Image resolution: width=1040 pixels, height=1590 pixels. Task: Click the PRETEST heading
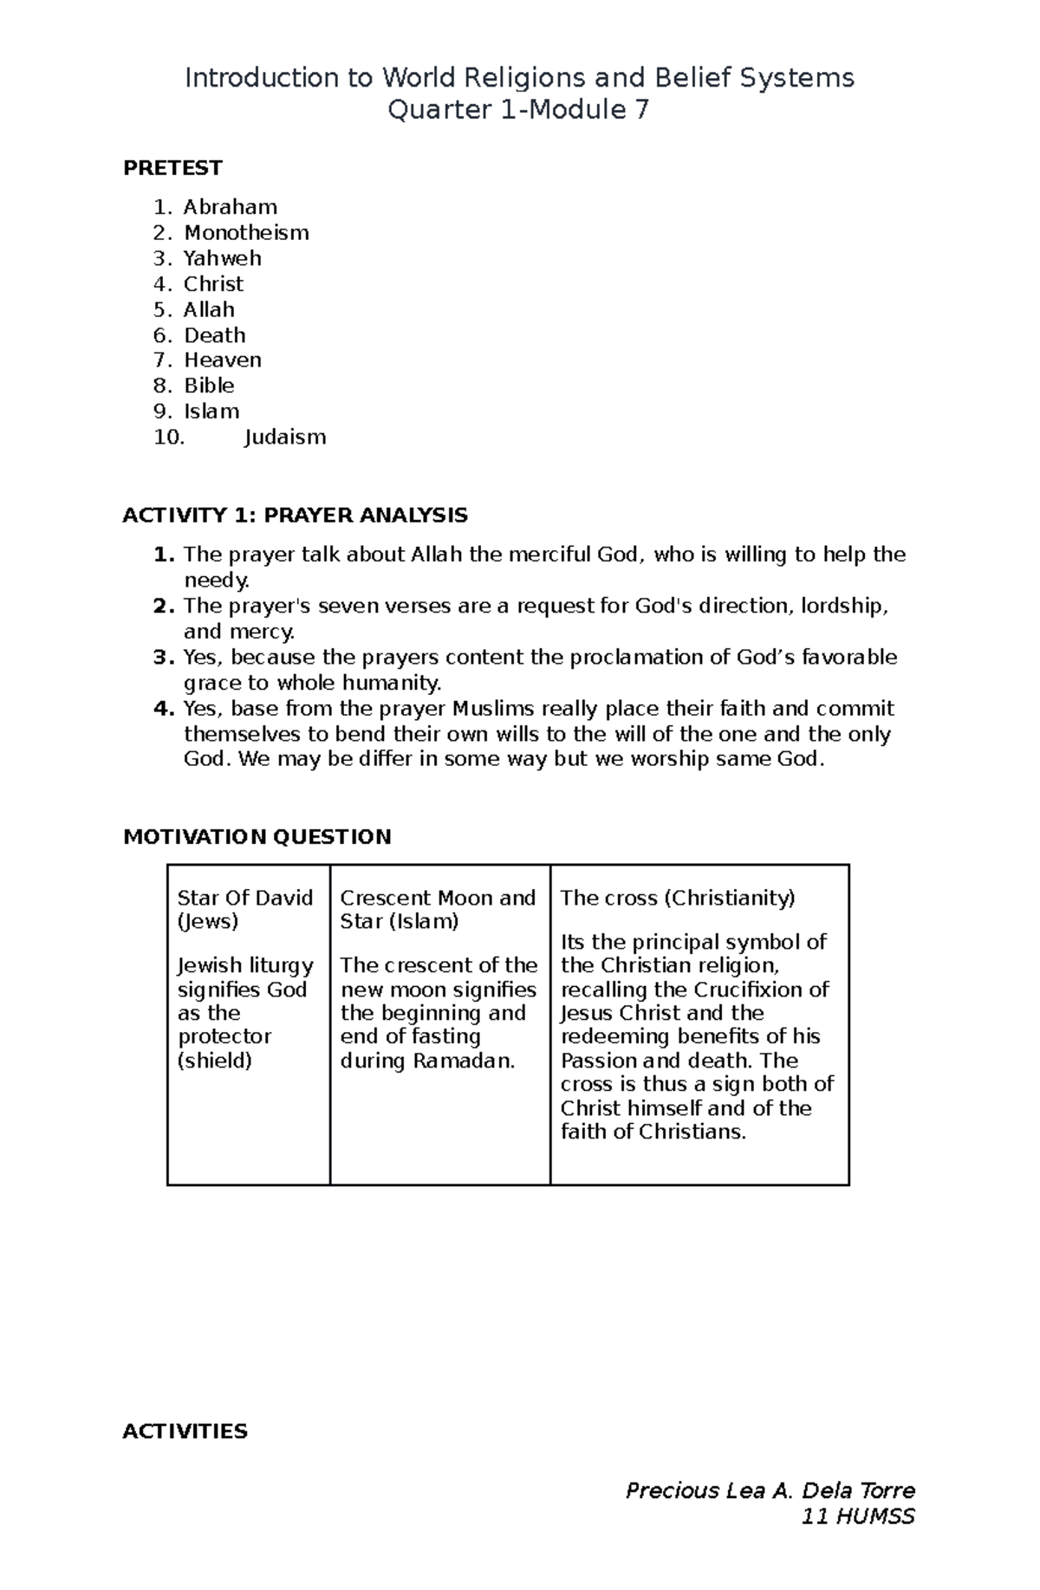click(x=172, y=167)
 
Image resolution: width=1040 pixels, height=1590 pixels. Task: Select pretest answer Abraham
click(x=230, y=207)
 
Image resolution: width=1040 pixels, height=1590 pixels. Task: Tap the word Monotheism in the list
click(x=246, y=232)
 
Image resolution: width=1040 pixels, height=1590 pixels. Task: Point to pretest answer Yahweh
click(x=222, y=258)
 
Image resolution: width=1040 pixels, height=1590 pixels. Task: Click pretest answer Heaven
click(x=222, y=360)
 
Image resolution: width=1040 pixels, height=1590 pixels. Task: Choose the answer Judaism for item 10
click(x=285, y=437)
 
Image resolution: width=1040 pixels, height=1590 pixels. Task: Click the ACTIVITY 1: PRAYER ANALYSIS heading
click(x=295, y=516)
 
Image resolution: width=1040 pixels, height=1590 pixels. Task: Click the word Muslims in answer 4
click(x=497, y=709)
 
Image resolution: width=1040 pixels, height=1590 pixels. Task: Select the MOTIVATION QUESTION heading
click(x=257, y=836)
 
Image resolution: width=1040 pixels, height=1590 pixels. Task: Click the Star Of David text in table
click(x=244, y=898)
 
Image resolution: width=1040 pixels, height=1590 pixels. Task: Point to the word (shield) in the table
click(x=214, y=1061)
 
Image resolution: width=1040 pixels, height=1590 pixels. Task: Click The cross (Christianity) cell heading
click(x=677, y=898)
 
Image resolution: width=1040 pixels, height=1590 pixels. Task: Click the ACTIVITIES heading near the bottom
click(x=185, y=1431)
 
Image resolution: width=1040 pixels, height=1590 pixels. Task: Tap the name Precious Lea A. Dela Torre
click(x=770, y=1490)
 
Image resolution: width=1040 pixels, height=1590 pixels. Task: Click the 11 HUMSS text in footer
click(x=858, y=1515)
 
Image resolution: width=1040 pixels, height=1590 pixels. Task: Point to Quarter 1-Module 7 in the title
click(x=518, y=110)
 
